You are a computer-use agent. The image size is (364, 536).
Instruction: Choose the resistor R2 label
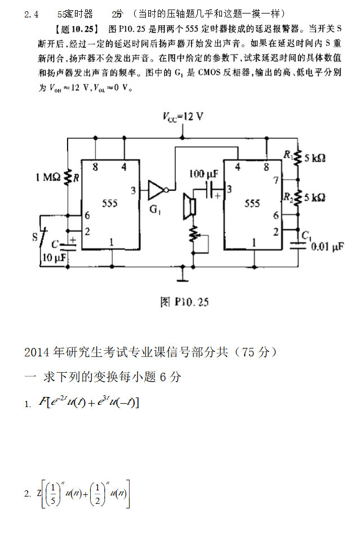[288, 197]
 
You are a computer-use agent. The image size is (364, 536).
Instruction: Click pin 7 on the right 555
[276, 180]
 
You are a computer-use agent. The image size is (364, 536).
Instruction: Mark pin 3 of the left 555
[133, 190]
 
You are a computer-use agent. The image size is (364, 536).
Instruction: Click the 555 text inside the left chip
[110, 203]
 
